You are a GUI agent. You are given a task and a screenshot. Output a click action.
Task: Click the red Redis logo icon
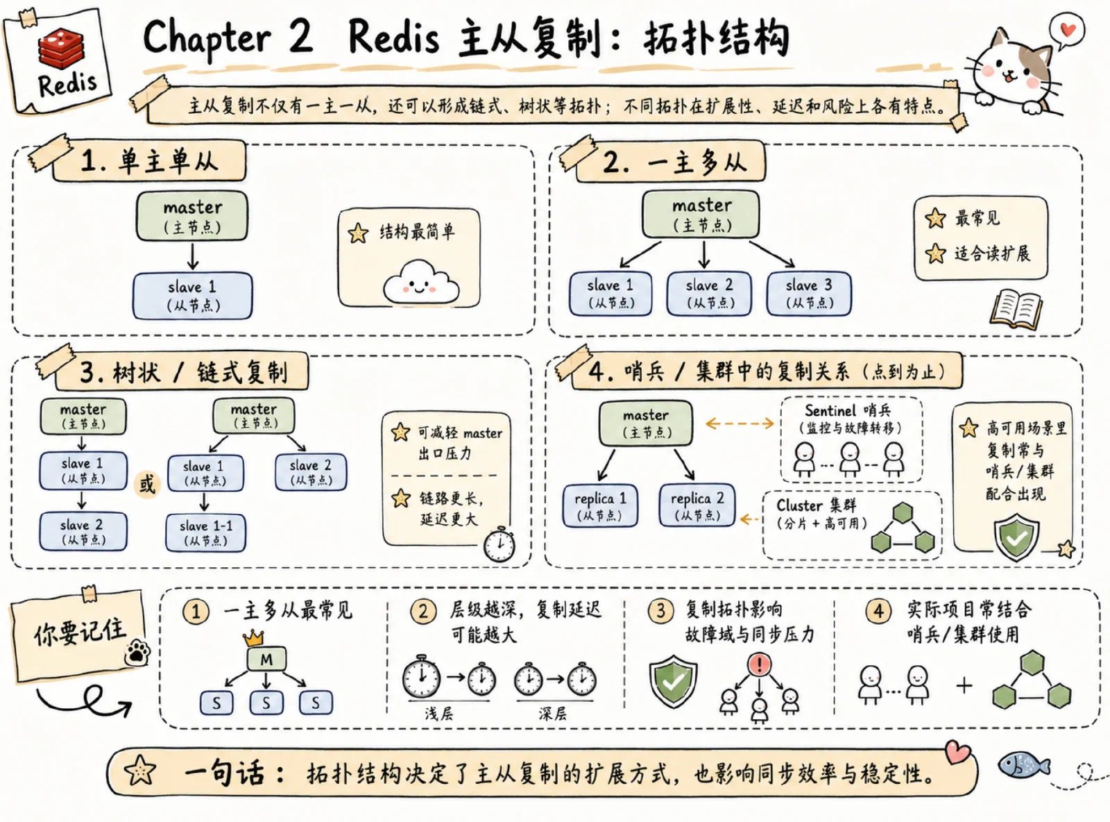pyautogui.click(x=62, y=48)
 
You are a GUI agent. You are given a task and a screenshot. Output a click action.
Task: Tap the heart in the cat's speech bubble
pyautogui.click(x=1068, y=30)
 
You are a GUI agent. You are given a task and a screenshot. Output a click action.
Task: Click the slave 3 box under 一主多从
pyautogui.click(x=809, y=294)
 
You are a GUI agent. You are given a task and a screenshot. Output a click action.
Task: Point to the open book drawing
pyautogui.click(x=1016, y=310)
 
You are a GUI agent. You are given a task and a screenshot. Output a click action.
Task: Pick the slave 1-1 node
pyautogui.click(x=205, y=533)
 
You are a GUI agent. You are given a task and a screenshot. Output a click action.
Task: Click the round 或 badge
pyautogui.click(x=146, y=485)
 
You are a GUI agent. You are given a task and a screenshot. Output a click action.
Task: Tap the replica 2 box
pyautogui.click(x=697, y=505)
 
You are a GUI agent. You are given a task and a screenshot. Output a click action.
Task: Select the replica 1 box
pyautogui.click(x=600, y=505)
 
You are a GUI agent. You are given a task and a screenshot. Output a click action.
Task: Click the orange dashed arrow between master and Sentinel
pyautogui.click(x=740, y=423)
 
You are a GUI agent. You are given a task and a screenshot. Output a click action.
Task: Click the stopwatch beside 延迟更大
pyautogui.click(x=499, y=544)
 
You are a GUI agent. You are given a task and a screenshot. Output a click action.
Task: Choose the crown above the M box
pyautogui.click(x=253, y=637)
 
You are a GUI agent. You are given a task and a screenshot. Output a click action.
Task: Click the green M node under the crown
pyautogui.click(x=266, y=660)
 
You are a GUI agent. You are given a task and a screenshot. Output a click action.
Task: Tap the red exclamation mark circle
pyautogui.click(x=759, y=664)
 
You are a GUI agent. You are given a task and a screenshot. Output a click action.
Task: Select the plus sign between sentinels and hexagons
pyautogui.click(x=964, y=686)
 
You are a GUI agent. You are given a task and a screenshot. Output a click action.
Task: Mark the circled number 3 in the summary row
pyautogui.click(x=660, y=611)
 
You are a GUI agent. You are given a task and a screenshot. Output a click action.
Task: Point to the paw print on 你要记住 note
pyautogui.click(x=137, y=652)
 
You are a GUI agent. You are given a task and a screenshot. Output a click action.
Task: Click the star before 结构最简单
pyautogui.click(x=358, y=233)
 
